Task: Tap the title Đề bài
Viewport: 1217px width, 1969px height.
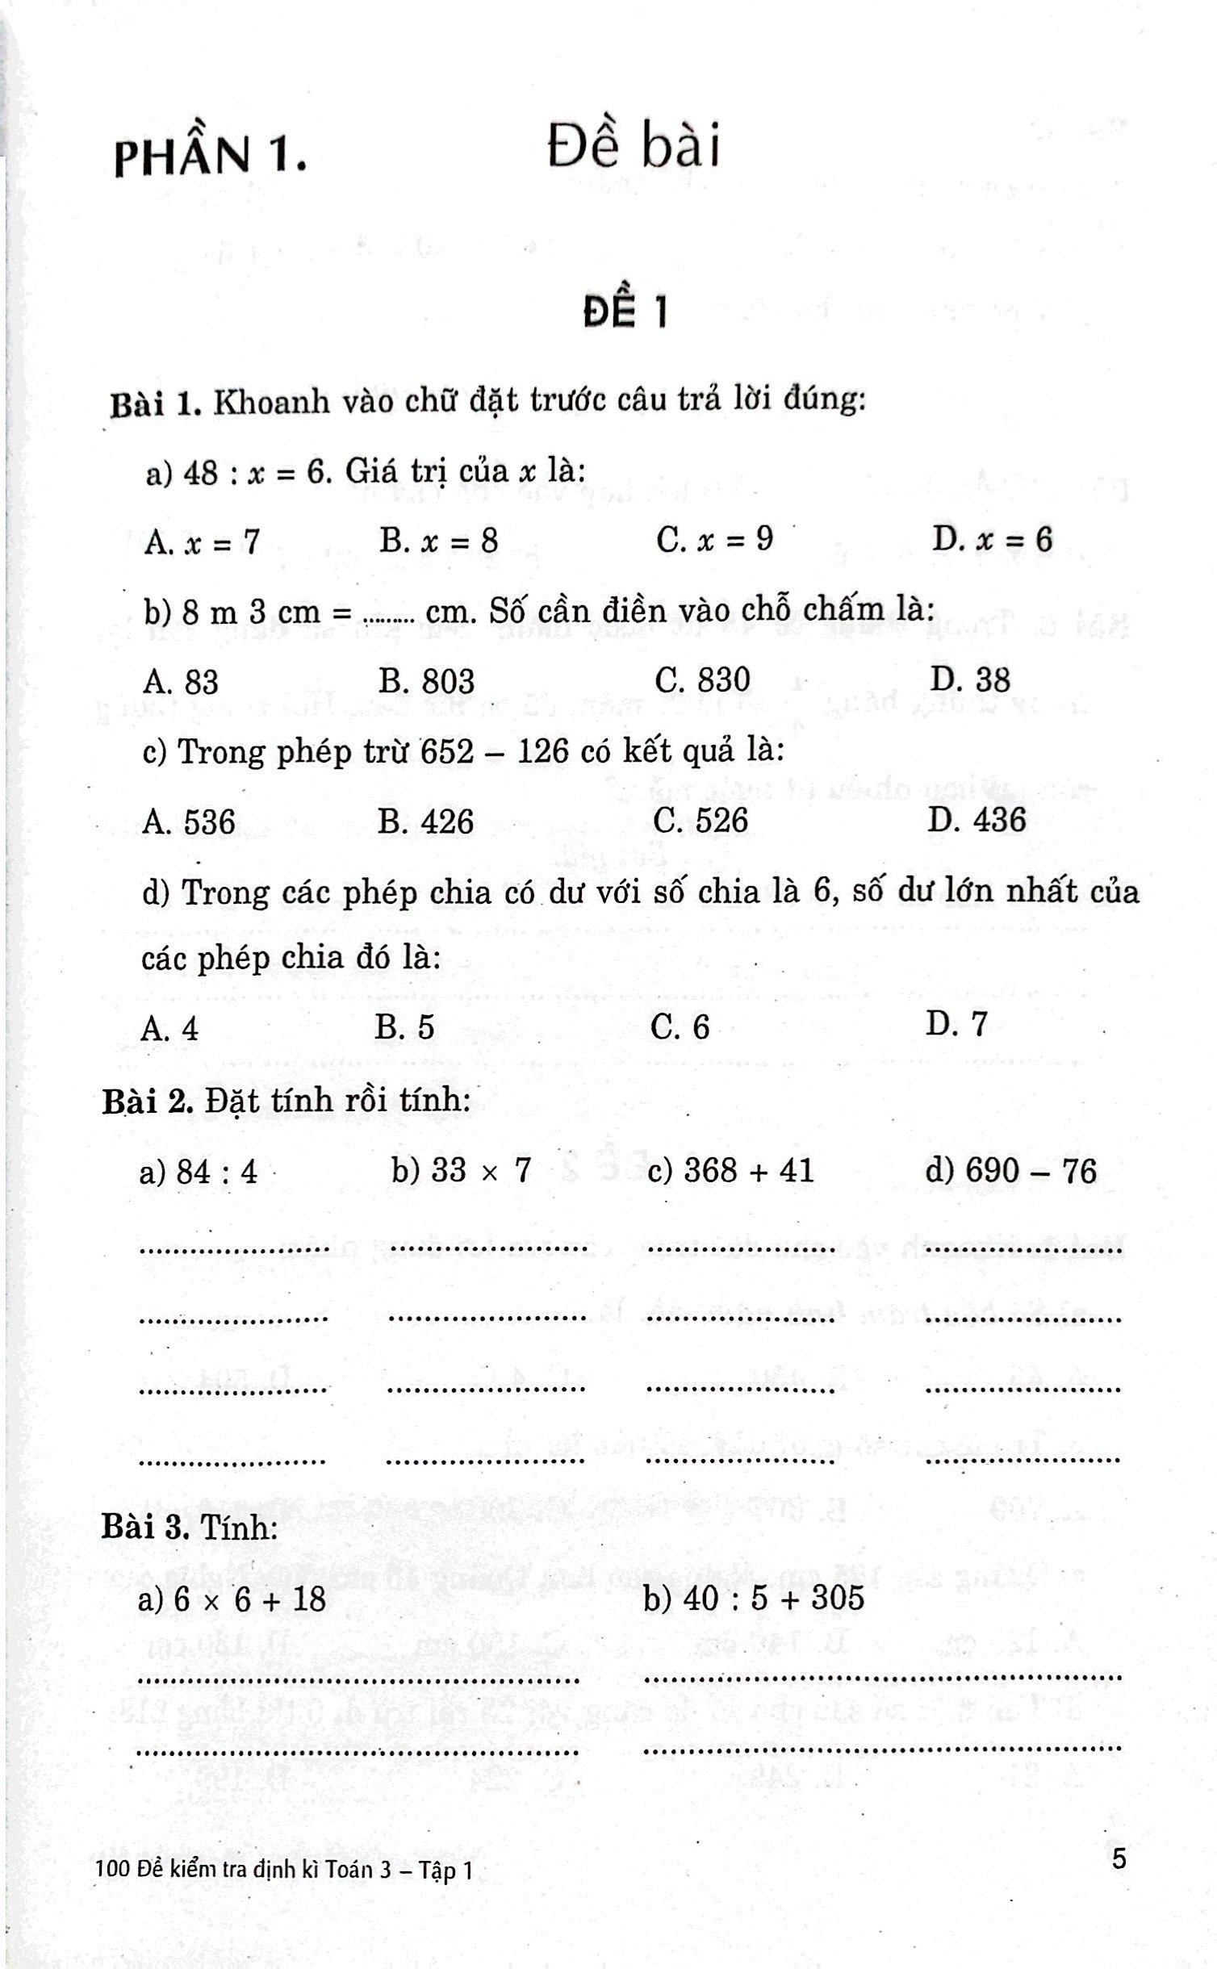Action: coord(633,147)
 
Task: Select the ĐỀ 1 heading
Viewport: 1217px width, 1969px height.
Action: coord(625,312)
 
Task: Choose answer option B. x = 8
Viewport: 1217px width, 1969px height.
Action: coord(438,541)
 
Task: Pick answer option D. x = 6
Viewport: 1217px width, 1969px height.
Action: coord(992,539)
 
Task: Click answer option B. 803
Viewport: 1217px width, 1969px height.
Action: coord(426,681)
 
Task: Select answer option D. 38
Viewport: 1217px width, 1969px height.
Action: coord(969,679)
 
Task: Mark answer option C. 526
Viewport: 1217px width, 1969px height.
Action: coord(701,821)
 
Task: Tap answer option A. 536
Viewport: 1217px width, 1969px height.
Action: coord(189,822)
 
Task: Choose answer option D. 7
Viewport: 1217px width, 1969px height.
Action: coord(956,1024)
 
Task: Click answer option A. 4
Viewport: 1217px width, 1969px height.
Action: coord(169,1028)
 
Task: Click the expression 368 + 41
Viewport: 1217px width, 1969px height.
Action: coord(748,1169)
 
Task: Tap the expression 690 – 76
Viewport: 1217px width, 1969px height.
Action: coord(1030,1169)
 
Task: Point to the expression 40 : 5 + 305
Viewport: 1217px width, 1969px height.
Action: coord(773,1597)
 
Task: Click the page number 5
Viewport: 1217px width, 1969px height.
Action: coord(1119,1858)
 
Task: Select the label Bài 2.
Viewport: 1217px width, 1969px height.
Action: coord(146,1101)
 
